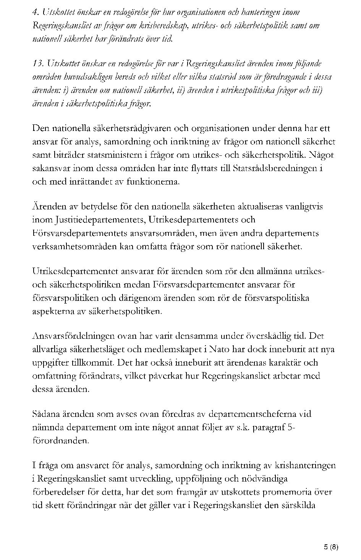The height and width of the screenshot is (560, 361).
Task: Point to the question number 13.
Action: point(37,63)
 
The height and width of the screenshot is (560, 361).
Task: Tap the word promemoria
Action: point(291,492)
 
